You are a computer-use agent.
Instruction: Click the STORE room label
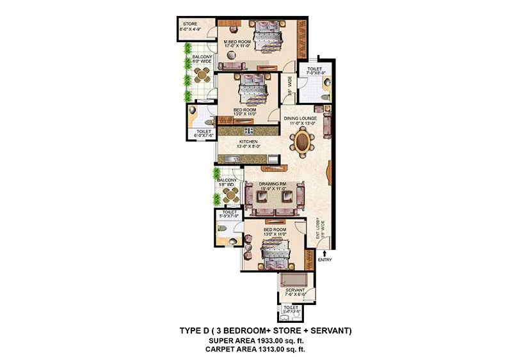189,26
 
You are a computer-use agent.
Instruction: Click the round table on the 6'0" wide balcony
202,75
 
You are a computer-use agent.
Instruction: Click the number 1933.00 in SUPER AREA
257,341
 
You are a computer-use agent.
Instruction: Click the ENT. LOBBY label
317,224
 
